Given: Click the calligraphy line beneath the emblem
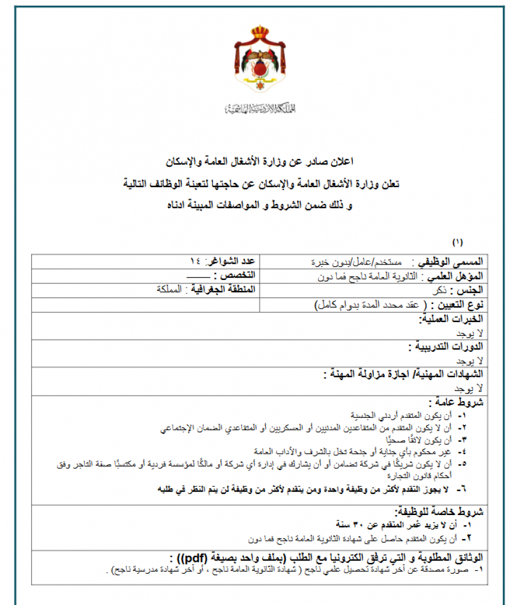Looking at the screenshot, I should (x=260, y=109).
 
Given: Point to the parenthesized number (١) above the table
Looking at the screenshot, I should (x=458, y=242).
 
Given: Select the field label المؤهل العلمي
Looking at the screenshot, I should (x=455, y=276).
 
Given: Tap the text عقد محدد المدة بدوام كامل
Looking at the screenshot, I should (x=372, y=305).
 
